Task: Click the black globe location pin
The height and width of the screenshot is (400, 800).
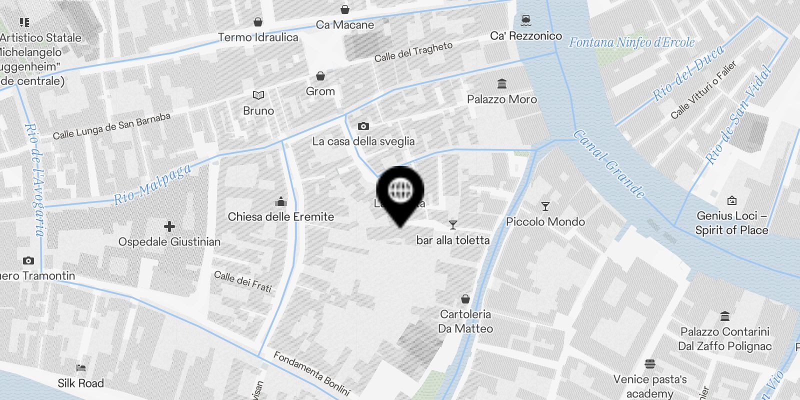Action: coord(400,191)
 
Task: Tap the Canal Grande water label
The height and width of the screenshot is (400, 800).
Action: coord(608,164)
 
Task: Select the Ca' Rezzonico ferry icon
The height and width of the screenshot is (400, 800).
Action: coord(525,20)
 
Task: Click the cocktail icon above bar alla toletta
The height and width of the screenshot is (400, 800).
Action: coord(453,225)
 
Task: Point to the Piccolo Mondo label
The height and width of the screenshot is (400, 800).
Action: coord(545,221)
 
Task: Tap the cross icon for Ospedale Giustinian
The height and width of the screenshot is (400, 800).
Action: coord(169,226)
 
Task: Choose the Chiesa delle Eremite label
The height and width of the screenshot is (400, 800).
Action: coord(280,216)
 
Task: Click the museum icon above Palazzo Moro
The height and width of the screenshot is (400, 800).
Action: coord(502,83)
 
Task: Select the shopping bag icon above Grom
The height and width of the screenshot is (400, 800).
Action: coord(320,76)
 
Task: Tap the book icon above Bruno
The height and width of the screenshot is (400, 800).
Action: coord(258,95)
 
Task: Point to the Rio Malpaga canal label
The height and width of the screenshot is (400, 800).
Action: coord(152,184)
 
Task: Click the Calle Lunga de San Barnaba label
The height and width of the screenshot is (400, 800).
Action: coord(111,126)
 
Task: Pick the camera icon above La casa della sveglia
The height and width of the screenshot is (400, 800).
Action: coord(363,126)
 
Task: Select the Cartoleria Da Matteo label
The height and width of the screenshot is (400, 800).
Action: coord(465,321)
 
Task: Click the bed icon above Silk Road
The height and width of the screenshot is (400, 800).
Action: coord(81,368)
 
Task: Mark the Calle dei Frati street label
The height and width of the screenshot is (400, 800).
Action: coord(243,281)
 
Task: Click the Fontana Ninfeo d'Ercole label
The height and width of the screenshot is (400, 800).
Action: coord(631,42)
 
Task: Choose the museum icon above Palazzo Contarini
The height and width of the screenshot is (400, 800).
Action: coord(725,316)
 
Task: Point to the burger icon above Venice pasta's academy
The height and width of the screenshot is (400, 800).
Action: coord(650,363)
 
